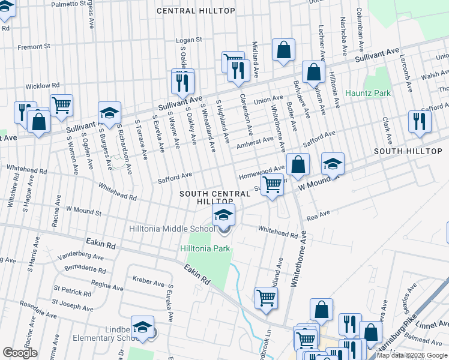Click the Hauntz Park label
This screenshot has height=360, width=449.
pos(368,93)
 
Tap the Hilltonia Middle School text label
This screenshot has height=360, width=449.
pos(172,229)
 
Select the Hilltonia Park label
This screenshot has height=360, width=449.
pos(205,248)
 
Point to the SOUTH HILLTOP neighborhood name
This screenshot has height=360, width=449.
pos(408,151)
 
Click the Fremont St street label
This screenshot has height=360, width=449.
pos(34,47)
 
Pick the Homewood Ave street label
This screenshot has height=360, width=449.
pos(261,172)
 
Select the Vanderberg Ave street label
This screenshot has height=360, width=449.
pos(81,256)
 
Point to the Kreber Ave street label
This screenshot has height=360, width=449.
pos(148,281)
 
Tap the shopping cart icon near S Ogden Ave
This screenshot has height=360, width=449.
pos(61,104)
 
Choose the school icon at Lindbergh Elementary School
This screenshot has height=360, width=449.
pos(142,326)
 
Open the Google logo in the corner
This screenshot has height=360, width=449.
pos(20,353)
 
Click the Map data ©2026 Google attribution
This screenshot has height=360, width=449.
pos(412,355)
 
